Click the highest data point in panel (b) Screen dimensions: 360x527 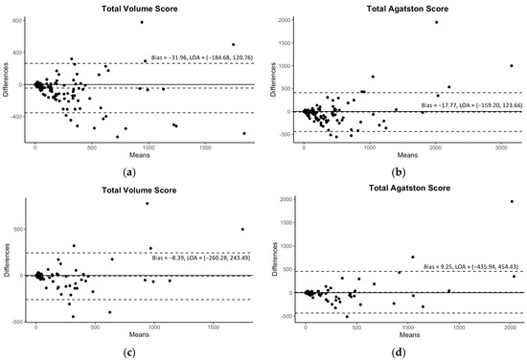(436, 22)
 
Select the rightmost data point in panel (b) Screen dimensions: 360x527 (511, 66)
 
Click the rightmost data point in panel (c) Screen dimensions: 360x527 (242, 229)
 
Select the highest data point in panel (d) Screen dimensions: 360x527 (512, 201)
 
